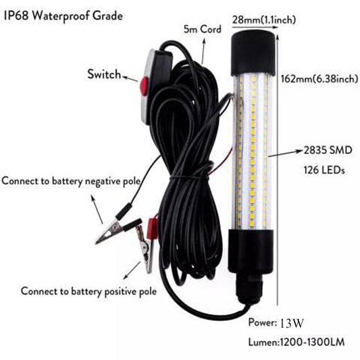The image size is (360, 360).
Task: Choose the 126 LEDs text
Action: click(322, 171)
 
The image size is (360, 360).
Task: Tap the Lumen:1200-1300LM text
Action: click(296, 342)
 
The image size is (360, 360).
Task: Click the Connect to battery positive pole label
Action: click(88, 292)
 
